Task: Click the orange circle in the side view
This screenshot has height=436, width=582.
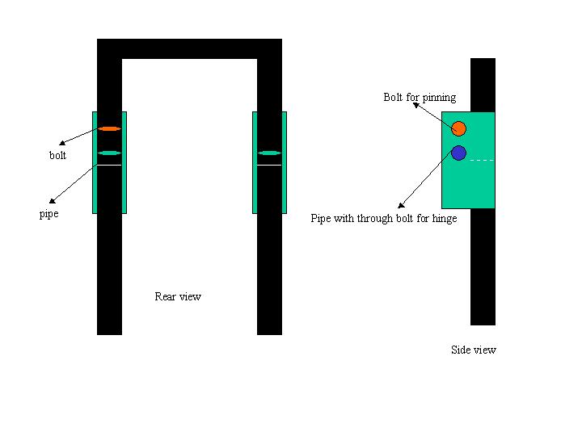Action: point(459,128)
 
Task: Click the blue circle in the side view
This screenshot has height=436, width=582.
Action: point(459,153)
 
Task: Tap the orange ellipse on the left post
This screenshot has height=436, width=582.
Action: point(109,128)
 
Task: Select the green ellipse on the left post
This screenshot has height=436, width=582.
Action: point(109,153)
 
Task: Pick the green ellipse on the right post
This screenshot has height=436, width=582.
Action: point(269,153)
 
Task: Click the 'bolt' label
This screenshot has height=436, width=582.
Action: point(57,155)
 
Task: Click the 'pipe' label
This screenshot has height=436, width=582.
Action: point(49,214)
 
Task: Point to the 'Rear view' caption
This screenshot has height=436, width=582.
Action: point(178,296)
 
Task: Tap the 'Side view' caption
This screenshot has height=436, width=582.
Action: point(474,350)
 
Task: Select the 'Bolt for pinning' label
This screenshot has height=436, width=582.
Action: point(420,98)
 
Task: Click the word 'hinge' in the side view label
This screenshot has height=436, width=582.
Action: point(445,219)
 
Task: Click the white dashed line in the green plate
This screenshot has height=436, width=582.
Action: point(482,160)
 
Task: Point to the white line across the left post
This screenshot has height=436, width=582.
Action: point(109,165)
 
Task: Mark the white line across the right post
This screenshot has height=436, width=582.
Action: point(269,165)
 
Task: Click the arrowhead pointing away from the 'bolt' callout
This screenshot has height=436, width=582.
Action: point(62,143)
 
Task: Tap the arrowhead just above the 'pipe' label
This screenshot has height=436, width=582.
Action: point(53,201)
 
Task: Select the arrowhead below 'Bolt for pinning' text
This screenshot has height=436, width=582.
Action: point(416,105)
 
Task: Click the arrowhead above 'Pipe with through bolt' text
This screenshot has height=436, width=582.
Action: point(401,205)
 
